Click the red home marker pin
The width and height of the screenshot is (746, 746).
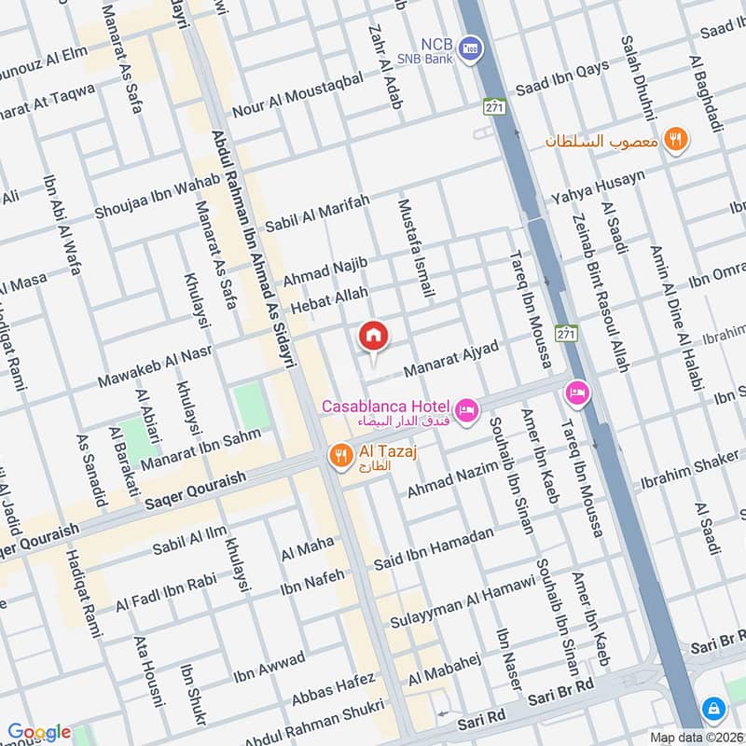[373, 337]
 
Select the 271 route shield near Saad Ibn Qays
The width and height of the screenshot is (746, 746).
[492, 107]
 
